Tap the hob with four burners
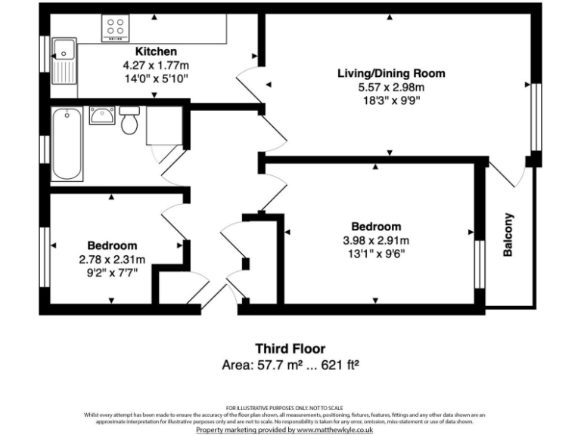coord(116,29)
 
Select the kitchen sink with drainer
coord(64,60)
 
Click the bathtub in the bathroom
coord(67,143)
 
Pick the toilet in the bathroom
coord(128,120)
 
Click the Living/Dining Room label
coord(391,73)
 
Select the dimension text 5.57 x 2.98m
coord(391,88)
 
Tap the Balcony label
coord(508,234)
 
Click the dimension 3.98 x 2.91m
coord(376,241)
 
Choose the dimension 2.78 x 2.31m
coord(112,260)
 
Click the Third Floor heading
coord(290,349)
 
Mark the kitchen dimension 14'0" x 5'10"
coord(156,78)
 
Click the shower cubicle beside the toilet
coord(164,126)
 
